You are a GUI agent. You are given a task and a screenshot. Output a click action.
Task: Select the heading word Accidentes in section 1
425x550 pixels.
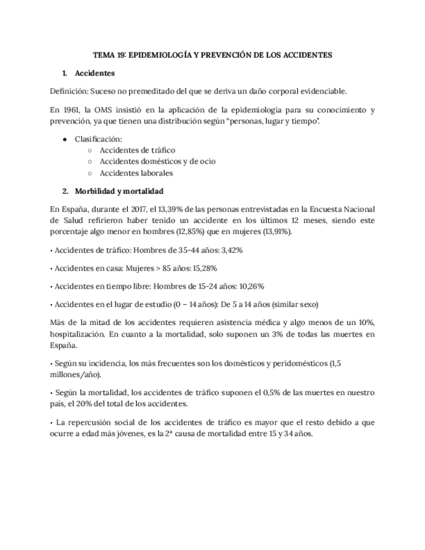(95, 73)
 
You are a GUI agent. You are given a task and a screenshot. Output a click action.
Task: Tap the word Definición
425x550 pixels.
(67, 91)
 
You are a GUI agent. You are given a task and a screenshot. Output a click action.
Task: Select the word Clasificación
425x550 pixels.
(98, 139)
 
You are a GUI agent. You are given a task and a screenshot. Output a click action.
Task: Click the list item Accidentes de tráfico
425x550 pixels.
(137, 150)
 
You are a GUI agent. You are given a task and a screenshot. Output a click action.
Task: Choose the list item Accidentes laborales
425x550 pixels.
(136, 173)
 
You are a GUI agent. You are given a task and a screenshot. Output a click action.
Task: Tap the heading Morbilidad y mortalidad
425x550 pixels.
(119, 191)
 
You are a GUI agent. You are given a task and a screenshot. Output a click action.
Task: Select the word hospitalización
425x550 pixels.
(73, 334)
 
